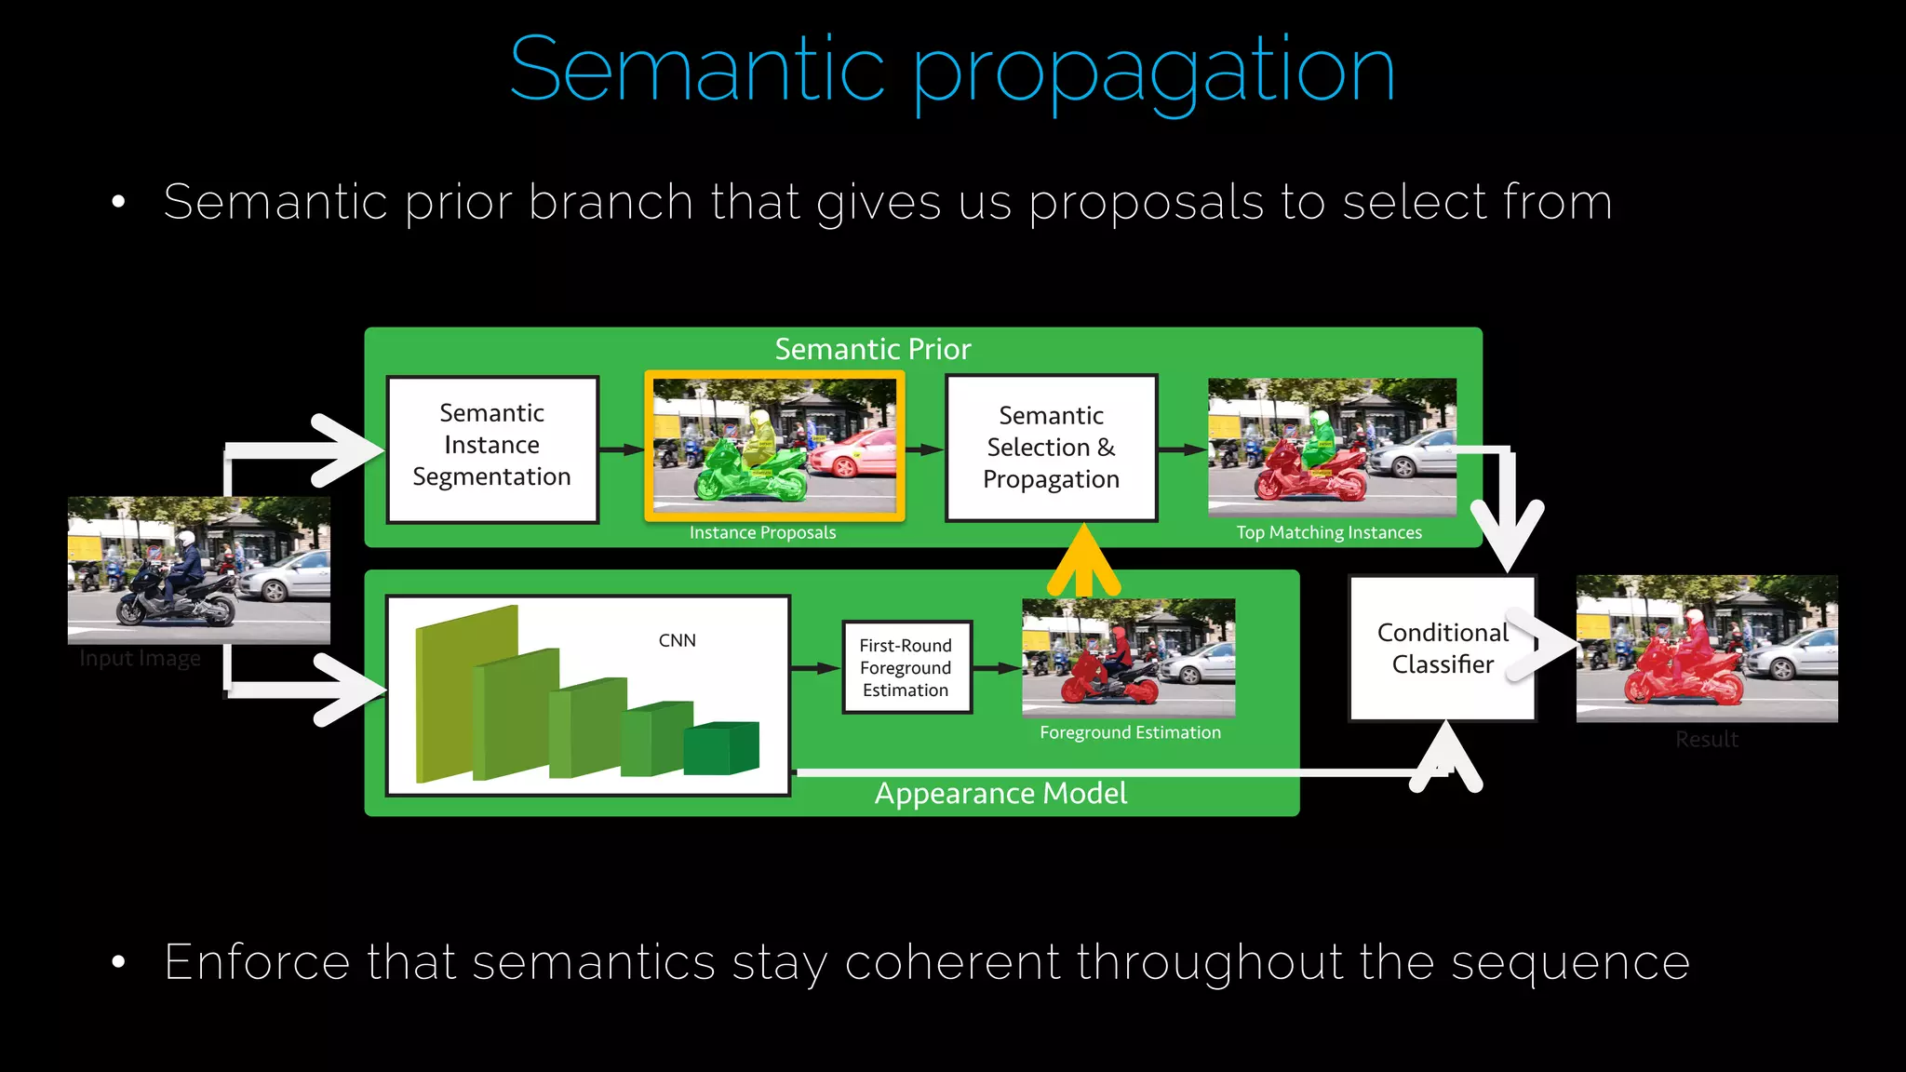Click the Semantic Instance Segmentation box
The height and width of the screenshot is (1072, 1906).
pos(492,448)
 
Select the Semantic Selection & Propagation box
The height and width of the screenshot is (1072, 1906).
pos(1051,448)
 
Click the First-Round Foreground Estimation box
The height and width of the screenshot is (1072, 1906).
pos(906,667)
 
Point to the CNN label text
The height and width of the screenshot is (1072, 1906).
pos(677,640)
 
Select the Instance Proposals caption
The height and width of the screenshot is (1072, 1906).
pos(762,532)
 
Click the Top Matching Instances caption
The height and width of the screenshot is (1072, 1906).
pos(1328,532)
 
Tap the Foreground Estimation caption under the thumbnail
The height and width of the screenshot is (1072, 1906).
pos(1130,732)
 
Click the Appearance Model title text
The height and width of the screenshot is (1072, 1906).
pos(1000,794)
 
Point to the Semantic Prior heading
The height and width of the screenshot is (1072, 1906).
pos(873,349)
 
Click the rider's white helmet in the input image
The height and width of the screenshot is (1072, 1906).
pos(186,539)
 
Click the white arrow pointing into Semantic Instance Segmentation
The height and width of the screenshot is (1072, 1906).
pos(344,450)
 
